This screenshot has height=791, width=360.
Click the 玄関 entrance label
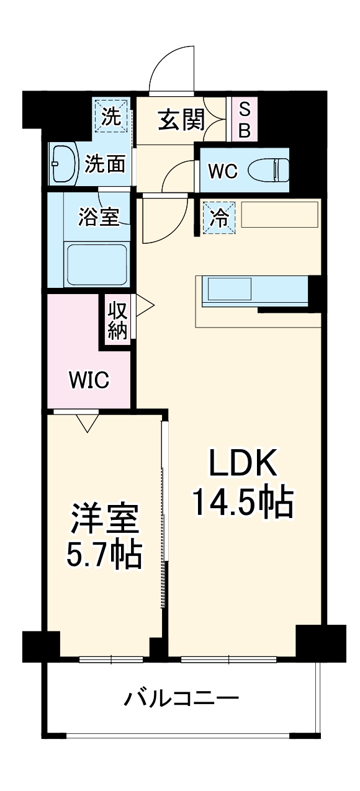point(181,120)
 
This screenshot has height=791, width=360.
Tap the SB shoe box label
point(245,120)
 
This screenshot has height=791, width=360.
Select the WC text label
point(222,171)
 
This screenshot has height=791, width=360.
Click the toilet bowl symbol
point(270,169)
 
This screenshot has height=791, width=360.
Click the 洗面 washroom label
point(105,164)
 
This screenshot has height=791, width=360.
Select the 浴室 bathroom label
point(99,217)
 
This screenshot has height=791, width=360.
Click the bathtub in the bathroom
point(97,264)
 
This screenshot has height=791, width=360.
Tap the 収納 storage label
point(117,320)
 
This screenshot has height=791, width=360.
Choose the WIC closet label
point(89,379)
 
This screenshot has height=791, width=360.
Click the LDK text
point(241,462)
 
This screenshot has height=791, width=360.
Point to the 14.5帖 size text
point(241,503)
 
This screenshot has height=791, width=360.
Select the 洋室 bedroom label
point(104,519)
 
